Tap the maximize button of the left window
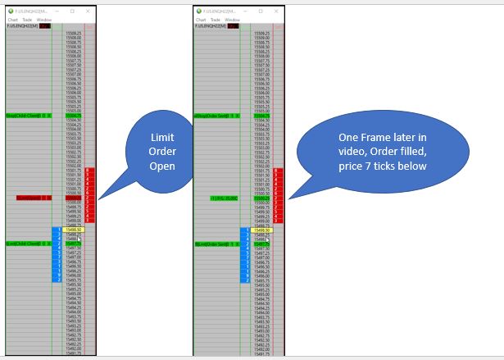(72, 11)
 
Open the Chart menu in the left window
(12, 19)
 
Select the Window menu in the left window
(44, 19)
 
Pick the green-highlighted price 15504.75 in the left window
(73, 116)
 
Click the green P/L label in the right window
(224, 198)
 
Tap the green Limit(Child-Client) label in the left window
(29, 244)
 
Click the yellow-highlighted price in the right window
(261, 230)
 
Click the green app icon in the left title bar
(9, 11)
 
